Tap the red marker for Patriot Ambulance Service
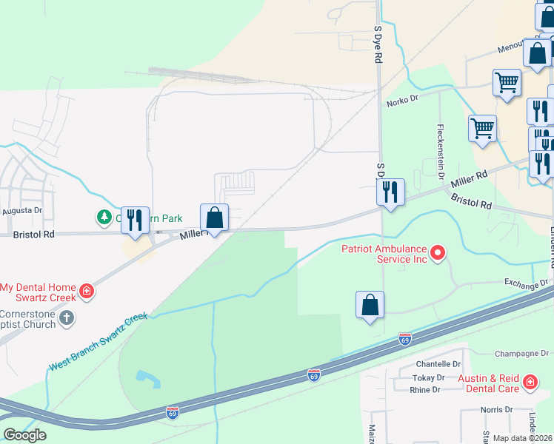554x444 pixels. click(x=437, y=254)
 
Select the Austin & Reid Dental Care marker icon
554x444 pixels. click(x=530, y=383)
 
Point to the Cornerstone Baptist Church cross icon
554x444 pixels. click(x=67, y=318)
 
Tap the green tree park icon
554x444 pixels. click(x=104, y=218)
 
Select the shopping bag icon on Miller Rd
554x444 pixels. click(x=214, y=218)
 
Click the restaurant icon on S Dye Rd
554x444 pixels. click(x=390, y=192)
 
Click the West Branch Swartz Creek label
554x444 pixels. click(x=99, y=341)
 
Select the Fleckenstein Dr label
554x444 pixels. click(x=440, y=145)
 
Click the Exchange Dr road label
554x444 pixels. click(x=526, y=283)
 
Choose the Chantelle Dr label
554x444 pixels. click(x=438, y=364)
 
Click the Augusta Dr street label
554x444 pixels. click(x=22, y=210)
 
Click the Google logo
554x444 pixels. click(x=24, y=435)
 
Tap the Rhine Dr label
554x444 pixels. click(x=426, y=390)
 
